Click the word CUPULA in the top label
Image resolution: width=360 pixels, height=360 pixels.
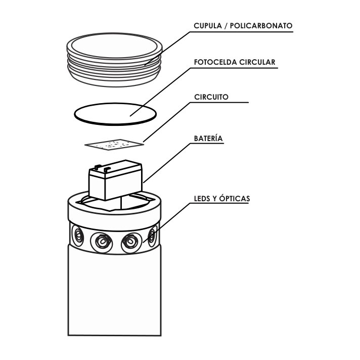pyautogui.click(x=208, y=26)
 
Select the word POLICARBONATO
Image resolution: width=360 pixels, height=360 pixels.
pyautogui.click(x=261, y=26)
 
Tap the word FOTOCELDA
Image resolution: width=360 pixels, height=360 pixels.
pyautogui.click(x=215, y=62)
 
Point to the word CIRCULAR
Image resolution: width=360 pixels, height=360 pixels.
pyautogui.click(x=257, y=62)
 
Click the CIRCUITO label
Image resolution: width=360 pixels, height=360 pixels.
pyautogui.click(x=211, y=97)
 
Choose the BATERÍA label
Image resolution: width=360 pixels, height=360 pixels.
pyautogui.click(x=208, y=138)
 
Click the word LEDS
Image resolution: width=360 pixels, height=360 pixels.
pyautogui.click(x=202, y=199)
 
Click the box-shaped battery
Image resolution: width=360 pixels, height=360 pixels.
pyautogui.click(x=115, y=180)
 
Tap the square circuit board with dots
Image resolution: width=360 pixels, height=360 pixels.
pyautogui.click(x=114, y=145)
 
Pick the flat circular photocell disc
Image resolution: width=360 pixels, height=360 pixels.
pyautogui.click(x=115, y=114)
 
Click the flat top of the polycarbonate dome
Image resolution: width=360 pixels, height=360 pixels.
pyautogui.click(x=114, y=46)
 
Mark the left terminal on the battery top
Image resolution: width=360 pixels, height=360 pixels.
pyautogui.click(x=98, y=167)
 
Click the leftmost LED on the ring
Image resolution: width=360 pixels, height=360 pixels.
pyautogui.click(x=77, y=235)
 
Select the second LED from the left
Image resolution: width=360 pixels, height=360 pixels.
pyautogui.click(x=101, y=242)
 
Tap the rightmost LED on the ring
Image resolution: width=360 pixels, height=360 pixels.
pyautogui.click(x=153, y=236)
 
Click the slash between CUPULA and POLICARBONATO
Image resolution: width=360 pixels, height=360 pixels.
pyautogui.click(x=226, y=26)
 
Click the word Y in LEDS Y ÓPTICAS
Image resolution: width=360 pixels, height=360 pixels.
pyautogui.click(x=215, y=199)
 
